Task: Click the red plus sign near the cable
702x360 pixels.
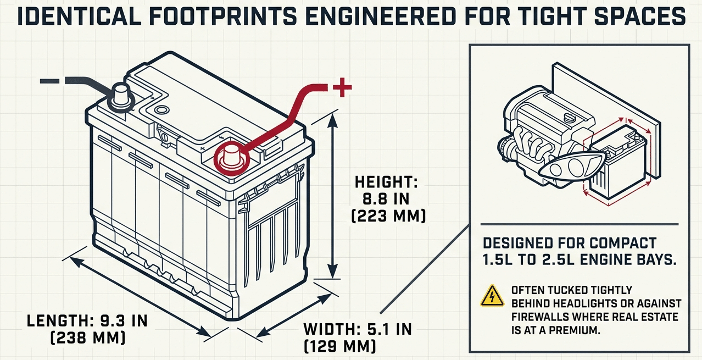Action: coord(342,87)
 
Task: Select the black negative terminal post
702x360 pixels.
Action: coord(120,95)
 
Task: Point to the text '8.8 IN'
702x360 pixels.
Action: coord(388,198)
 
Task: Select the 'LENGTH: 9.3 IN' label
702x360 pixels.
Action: coord(87,320)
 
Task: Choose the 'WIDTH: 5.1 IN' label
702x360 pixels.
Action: coord(357,330)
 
